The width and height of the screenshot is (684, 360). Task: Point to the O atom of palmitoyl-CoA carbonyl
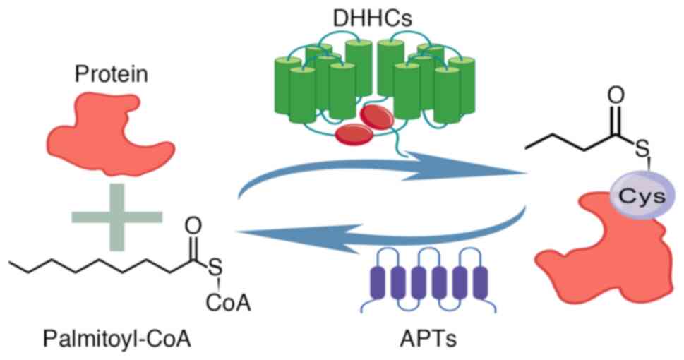[196, 227]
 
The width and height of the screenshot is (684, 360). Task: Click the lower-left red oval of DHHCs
[351, 132]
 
